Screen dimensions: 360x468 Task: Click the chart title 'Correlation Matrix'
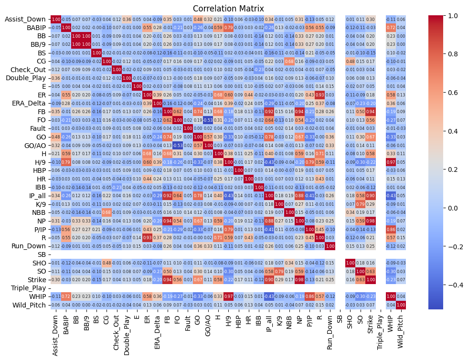[x=234, y=9]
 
